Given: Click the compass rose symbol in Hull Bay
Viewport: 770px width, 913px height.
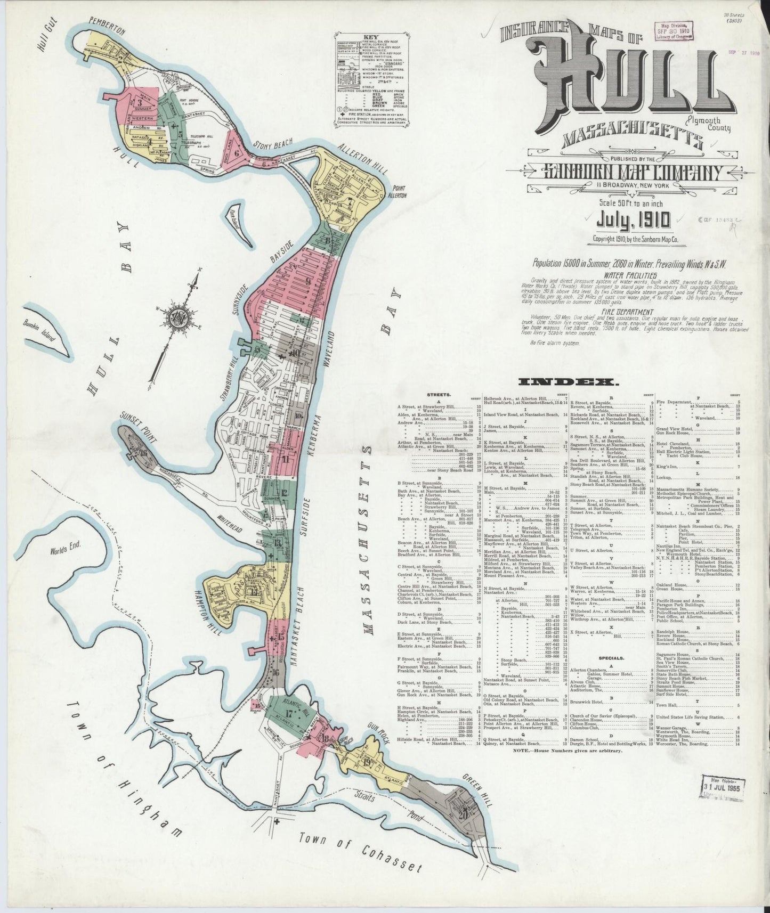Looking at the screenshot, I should (x=176, y=319).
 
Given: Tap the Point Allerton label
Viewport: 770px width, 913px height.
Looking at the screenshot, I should (x=399, y=192).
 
